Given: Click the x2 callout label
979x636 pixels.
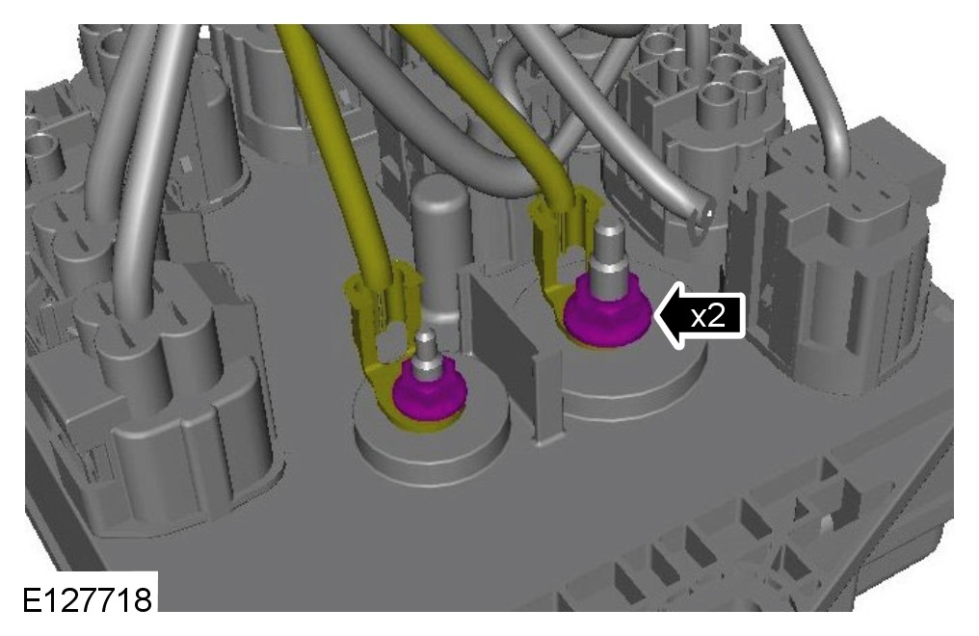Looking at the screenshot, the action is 708,316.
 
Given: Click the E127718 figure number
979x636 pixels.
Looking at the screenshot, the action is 88,599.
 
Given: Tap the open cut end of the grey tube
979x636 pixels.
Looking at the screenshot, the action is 701,220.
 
